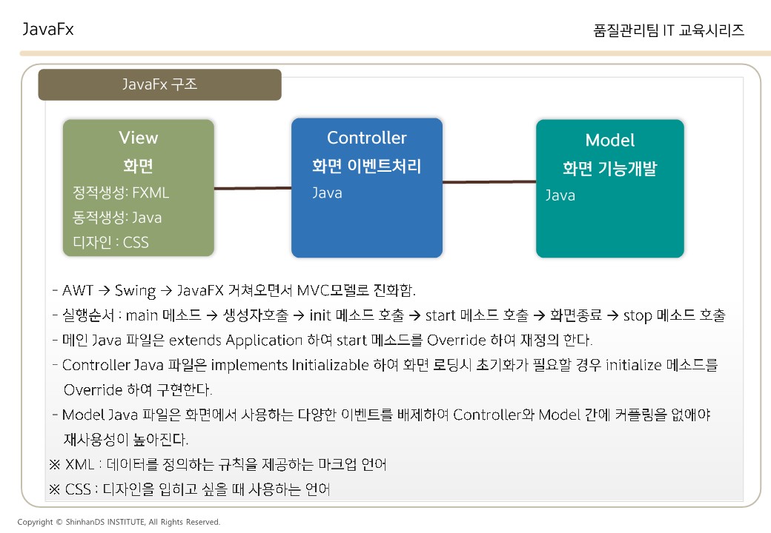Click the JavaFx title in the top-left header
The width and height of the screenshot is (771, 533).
pos(48,30)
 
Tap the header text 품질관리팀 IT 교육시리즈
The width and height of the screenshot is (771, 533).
pos(669,30)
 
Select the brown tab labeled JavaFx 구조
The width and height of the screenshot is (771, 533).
pos(159,84)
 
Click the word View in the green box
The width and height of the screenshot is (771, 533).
pos(139,138)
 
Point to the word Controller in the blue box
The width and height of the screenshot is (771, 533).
pos(366,138)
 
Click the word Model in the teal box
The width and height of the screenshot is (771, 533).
pos(609,141)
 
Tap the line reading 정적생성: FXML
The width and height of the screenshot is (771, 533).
pos(121,193)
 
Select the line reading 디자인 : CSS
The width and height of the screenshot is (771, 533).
pos(111,242)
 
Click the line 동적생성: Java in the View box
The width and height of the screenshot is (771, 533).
pos(117,218)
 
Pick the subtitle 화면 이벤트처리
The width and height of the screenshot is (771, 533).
pos(366,167)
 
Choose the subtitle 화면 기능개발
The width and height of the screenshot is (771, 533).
pos(609,169)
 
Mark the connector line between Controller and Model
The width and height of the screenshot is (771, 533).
pos(489,181)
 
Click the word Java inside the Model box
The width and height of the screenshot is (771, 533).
pos(560,195)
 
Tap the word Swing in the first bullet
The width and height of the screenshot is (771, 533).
pos(135,289)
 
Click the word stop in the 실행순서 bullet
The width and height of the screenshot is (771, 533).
pos(637,315)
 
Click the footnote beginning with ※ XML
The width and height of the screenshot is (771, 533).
pos(217,465)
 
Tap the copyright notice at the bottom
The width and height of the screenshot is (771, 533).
pos(119,522)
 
